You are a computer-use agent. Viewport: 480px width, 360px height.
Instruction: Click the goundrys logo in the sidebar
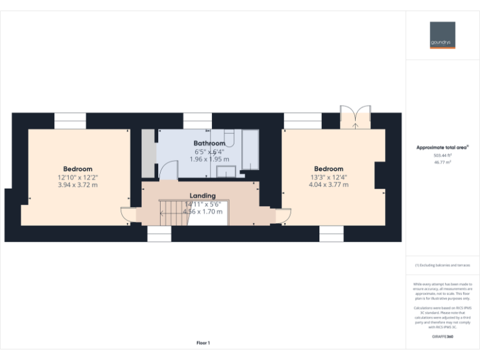click(x=442, y=35)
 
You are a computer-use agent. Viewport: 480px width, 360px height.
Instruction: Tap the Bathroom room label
click(x=209, y=143)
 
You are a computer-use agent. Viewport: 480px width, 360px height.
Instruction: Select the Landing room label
click(x=202, y=196)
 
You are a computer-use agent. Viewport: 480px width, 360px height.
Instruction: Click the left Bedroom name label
click(x=77, y=169)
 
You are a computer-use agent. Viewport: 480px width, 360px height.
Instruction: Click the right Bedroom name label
click(x=328, y=169)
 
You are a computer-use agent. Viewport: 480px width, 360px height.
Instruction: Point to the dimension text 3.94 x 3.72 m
click(x=77, y=185)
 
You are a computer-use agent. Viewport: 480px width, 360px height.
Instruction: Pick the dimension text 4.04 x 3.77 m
click(x=328, y=185)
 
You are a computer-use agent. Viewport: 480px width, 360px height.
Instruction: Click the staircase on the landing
click(x=171, y=213)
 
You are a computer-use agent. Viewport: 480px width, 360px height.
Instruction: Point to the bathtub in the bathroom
click(x=250, y=150)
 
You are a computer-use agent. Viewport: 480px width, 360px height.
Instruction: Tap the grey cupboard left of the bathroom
click(x=148, y=153)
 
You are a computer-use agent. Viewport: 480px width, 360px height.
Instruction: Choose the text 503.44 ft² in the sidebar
click(x=442, y=155)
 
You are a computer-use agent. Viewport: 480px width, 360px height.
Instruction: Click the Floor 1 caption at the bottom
click(x=203, y=342)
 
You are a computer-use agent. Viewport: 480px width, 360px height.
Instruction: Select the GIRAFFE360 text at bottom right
click(x=442, y=337)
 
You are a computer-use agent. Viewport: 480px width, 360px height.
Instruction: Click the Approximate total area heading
click(x=442, y=147)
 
